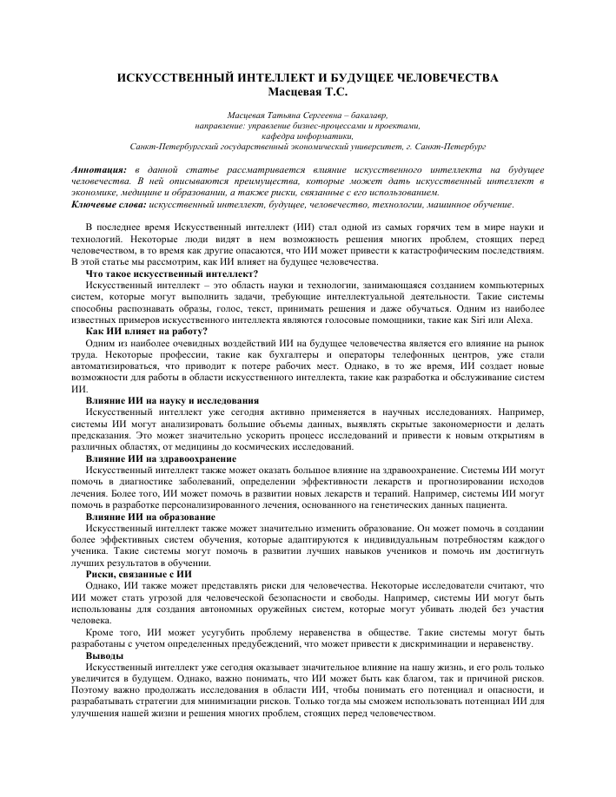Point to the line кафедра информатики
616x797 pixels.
[308, 136]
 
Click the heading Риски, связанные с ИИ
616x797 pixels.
[140, 574]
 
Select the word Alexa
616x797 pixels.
[529, 319]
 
